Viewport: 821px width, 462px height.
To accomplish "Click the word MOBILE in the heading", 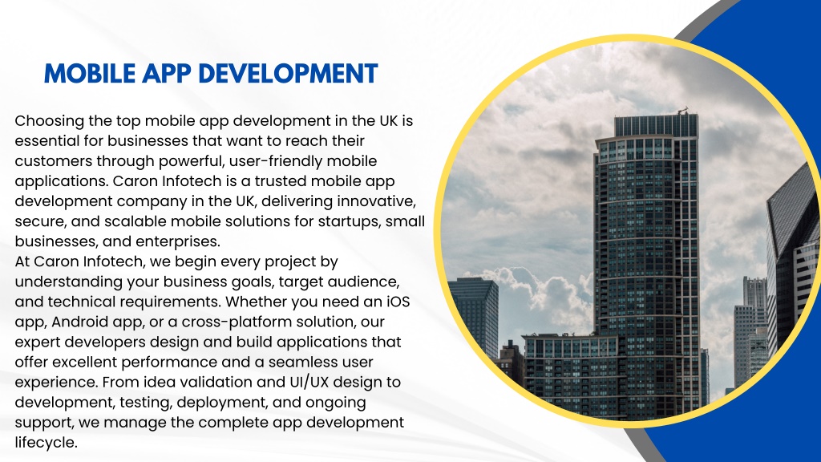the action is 90,74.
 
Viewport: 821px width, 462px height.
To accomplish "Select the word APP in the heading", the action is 167,74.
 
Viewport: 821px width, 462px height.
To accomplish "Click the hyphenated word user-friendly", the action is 275,161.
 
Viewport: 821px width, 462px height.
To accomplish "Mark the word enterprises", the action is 178,242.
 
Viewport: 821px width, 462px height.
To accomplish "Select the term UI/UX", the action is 309,383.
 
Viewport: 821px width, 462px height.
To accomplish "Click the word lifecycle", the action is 46,443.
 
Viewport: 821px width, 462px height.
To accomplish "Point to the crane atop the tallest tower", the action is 683,111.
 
